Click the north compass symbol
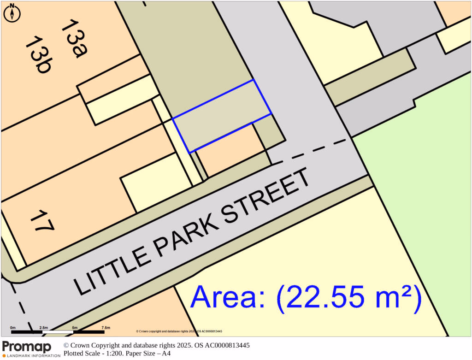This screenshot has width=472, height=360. tap(12, 13)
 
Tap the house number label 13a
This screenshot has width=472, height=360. tap(74, 39)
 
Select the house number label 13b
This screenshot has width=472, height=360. tap(38, 55)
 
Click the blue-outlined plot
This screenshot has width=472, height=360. tap(222, 116)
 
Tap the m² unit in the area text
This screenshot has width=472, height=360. tap(396, 298)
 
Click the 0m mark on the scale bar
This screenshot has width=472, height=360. tap(12, 327)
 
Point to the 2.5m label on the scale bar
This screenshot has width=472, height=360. tap(44, 327)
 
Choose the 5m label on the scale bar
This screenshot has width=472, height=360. tap(75, 327)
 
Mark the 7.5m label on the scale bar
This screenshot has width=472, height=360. tap(106, 327)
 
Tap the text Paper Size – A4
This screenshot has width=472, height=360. tap(152, 354)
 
